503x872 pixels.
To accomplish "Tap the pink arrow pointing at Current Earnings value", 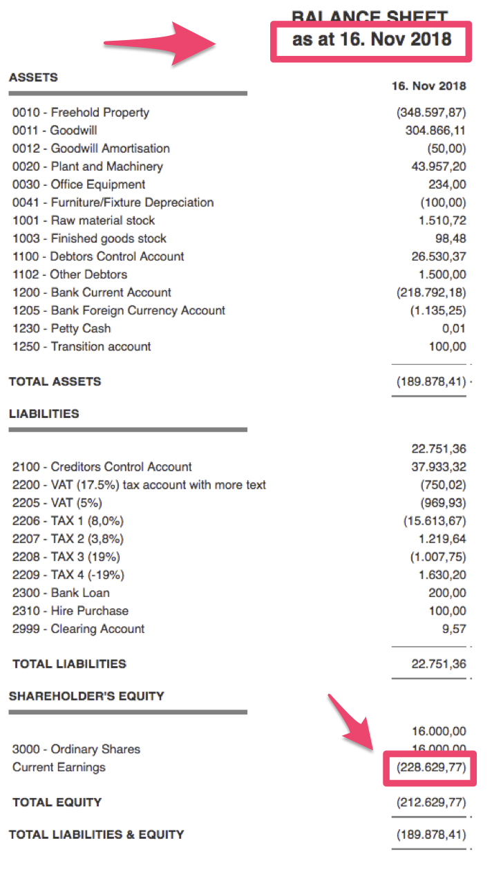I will [x=355, y=722].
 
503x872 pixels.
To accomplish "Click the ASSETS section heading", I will [x=33, y=77].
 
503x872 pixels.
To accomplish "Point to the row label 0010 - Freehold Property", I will [x=81, y=113].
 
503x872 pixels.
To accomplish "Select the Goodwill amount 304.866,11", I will [x=435, y=131].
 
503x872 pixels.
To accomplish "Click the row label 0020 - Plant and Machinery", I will [x=88, y=167].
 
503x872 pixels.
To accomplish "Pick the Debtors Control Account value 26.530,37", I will [x=438, y=256].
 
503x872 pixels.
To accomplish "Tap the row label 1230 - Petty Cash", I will [x=61, y=328].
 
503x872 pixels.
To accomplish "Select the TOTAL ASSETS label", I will [x=55, y=381].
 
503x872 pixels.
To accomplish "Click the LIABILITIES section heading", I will [x=44, y=414].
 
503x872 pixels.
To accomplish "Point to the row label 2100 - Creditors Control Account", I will [x=102, y=467].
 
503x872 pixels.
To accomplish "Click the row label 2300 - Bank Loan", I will [x=61, y=593].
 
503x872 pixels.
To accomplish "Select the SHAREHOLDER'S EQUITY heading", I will [x=86, y=696].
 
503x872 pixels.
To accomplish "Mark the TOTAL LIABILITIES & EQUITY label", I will [x=96, y=835].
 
